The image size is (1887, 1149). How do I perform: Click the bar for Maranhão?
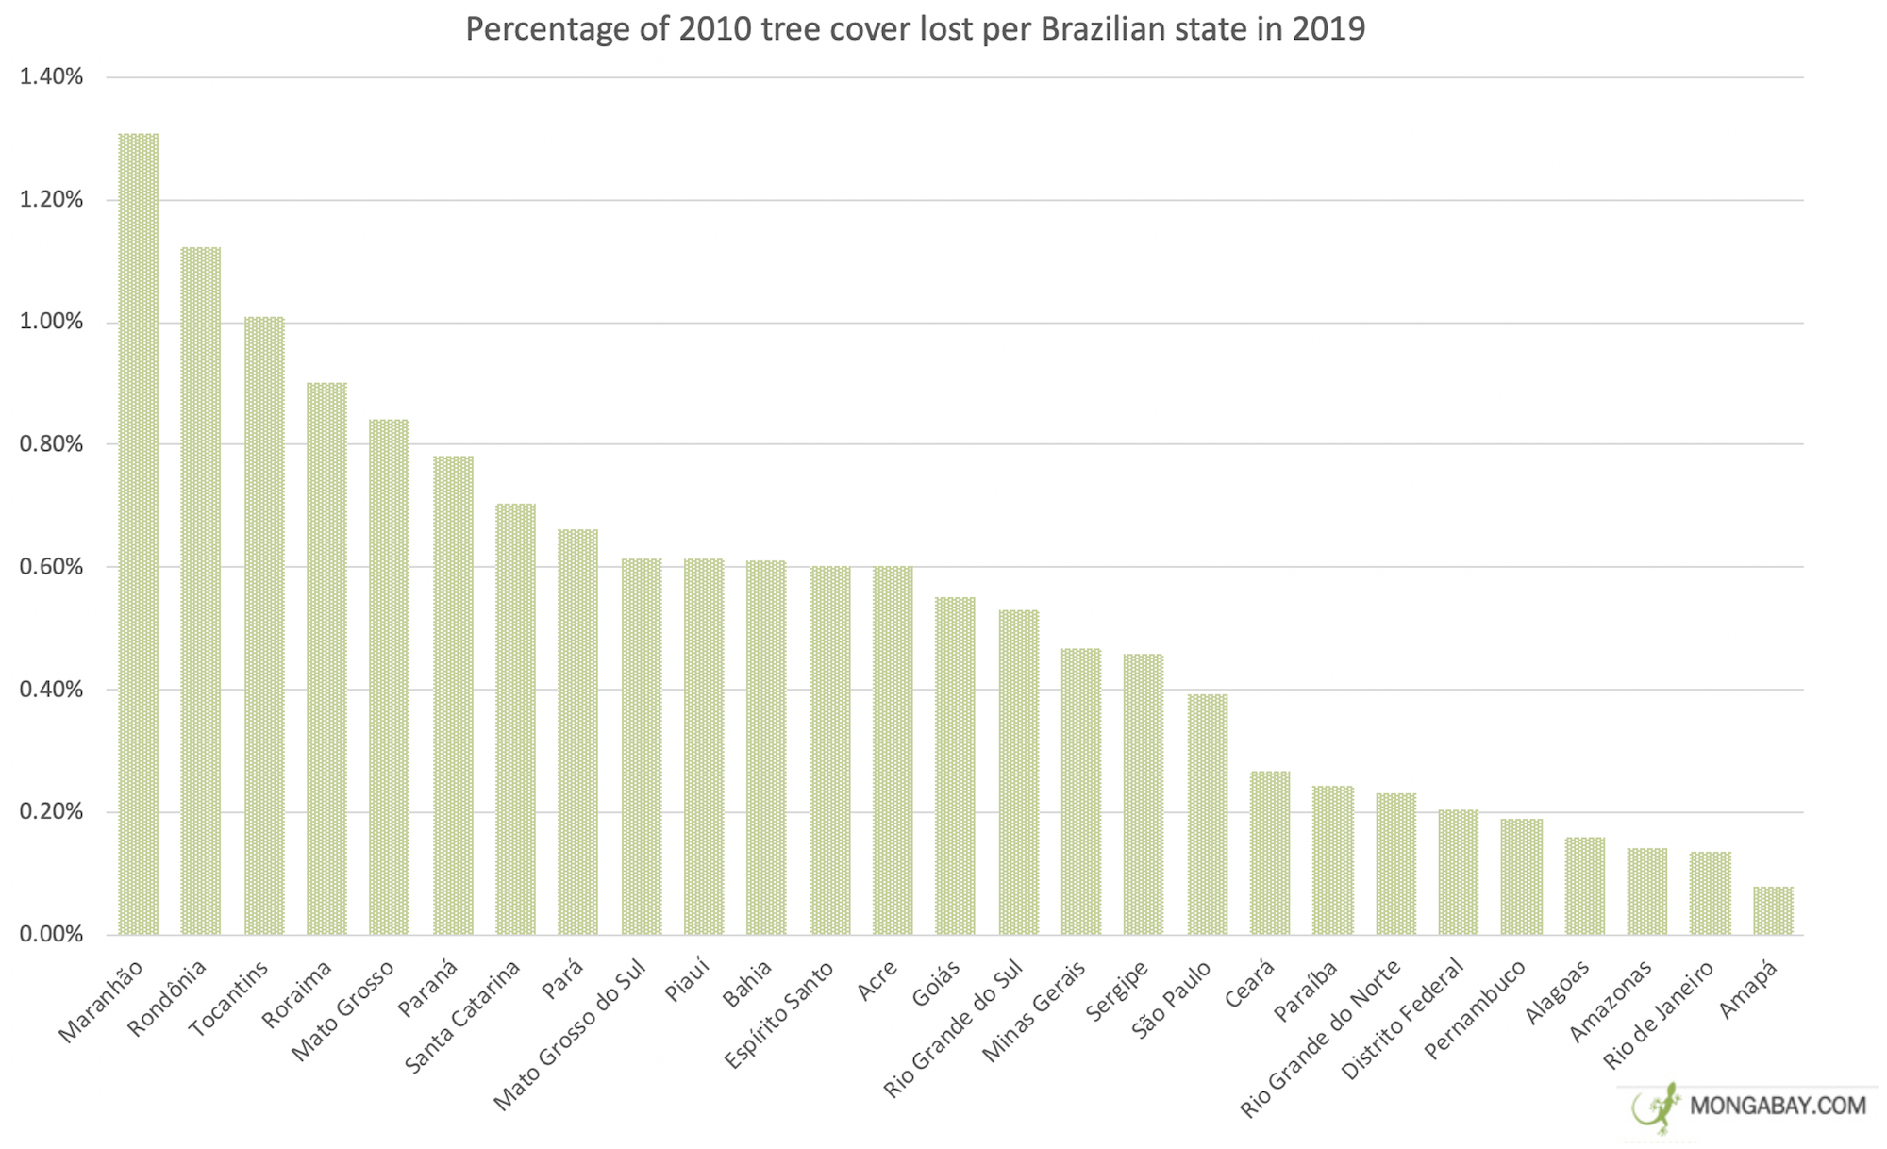point(138,534)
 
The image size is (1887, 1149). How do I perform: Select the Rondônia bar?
point(201,591)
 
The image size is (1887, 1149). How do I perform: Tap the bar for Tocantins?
point(264,625)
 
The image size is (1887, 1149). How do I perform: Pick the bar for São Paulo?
point(1208,814)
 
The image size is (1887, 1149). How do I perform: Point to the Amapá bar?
point(1773,910)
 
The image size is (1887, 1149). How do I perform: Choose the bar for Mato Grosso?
point(389,676)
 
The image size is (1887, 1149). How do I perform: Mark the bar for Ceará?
point(1270,853)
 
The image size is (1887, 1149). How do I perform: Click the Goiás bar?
point(955,765)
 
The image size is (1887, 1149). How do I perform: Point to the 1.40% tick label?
point(51,77)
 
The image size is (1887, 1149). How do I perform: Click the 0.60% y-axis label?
point(51,567)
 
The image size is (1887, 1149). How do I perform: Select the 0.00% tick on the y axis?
point(51,934)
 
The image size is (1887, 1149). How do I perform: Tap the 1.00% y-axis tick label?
point(51,323)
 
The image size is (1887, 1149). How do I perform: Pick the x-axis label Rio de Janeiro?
point(1658,1015)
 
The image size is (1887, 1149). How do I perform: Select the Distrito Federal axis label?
point(1403,1019)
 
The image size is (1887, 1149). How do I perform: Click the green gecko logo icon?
point(1658,1107)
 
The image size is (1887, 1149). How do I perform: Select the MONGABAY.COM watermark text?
point(1778,1106)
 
